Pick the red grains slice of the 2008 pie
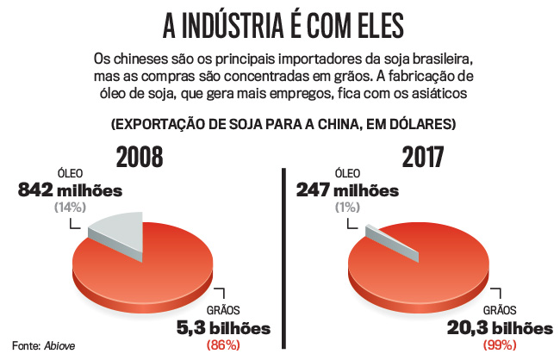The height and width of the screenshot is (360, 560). (x=146, y=267)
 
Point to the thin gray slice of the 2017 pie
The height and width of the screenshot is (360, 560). (x=390, y=241)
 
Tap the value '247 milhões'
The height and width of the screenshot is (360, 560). (x=347, y=191)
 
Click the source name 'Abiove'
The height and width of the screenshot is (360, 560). (x=62, y=345)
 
